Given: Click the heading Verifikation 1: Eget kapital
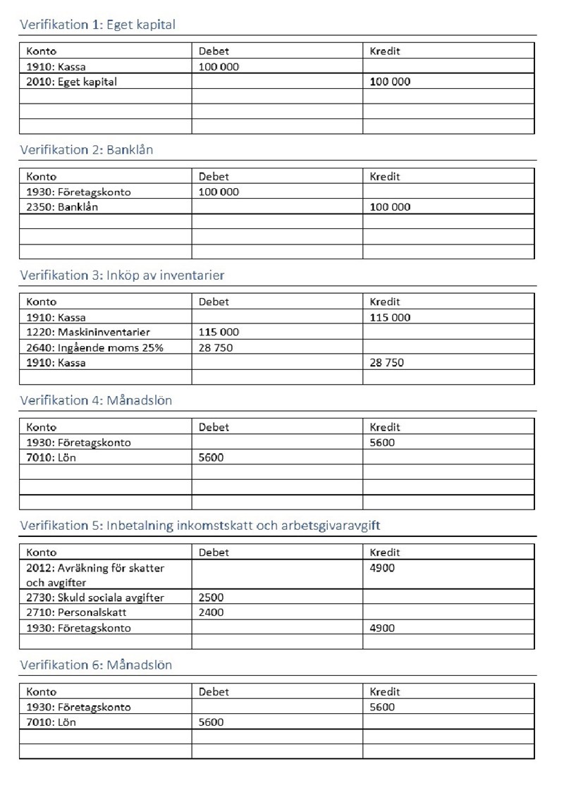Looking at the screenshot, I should coord(97,25).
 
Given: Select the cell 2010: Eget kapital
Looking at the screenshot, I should coord(71,82).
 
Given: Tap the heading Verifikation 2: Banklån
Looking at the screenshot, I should coord(86,150).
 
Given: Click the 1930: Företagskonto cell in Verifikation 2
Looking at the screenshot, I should coord(78,192).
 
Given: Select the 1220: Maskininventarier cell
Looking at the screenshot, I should coord(88,332).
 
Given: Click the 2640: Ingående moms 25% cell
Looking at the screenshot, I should coord(94,347).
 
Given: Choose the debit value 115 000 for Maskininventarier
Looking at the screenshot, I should coord(219,332).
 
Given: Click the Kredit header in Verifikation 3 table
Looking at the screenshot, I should coord(385,302).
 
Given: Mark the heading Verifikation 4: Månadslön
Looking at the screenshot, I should coord(96,401).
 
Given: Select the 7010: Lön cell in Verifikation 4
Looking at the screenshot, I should coord(51,457).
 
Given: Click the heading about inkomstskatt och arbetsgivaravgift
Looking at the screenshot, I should coord(200,526).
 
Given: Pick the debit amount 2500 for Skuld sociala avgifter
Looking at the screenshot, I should coord(211,598).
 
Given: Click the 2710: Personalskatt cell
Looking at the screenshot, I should coord(75,612).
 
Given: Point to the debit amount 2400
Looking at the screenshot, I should coord(211,612).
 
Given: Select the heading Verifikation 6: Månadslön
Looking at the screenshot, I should coord(96,665).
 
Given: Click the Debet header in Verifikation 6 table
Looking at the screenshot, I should coord(214,692).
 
